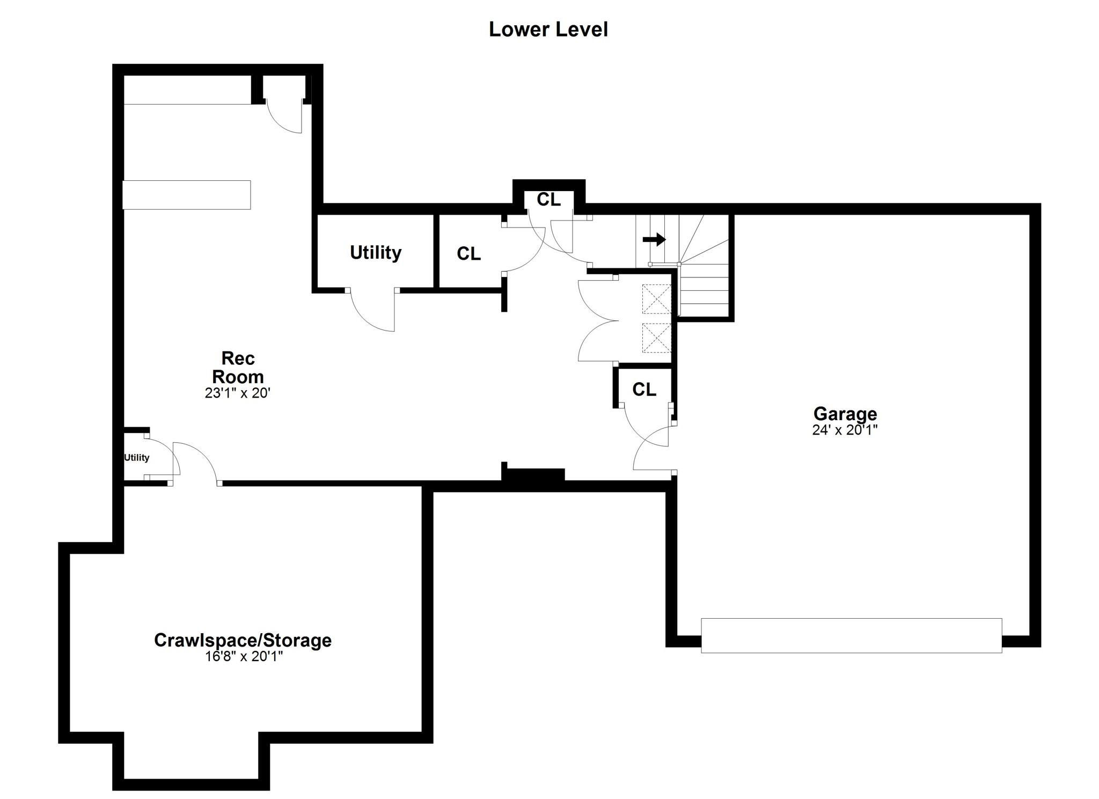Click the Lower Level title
coord(548,30)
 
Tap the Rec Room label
coord(238,367)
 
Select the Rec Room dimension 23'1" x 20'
coord(237,393)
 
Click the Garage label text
coord(845,414)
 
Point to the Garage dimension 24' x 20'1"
coord(845,430)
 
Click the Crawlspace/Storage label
coord(243,640)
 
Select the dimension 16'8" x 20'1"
coord(244,656)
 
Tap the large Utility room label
coord(376,253)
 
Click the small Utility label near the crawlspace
coord(136,458)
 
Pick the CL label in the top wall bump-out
coord(548,200)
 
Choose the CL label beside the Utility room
coord(468,254)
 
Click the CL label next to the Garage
coord(644,390)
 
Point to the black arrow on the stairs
coord(654,239)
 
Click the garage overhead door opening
coord(851,635)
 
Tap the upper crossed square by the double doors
coord(656,299)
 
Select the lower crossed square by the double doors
coord(656,338)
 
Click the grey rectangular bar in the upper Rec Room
coord(187,195)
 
